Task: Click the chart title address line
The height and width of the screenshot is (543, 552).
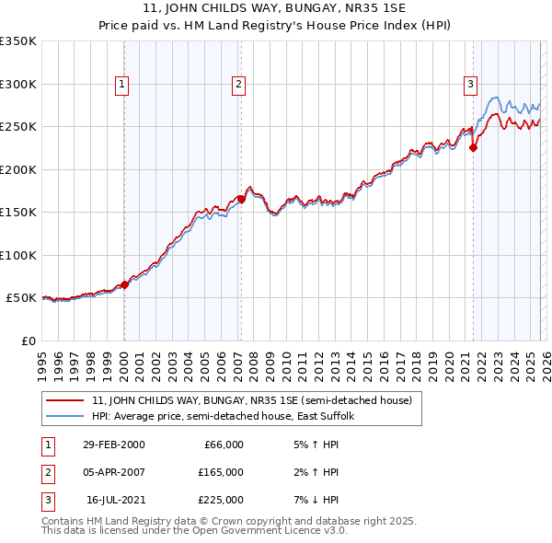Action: pos(275,7)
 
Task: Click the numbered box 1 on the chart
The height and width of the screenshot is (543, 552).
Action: pos(122,85)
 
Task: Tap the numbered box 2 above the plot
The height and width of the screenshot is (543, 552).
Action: pos(238,85)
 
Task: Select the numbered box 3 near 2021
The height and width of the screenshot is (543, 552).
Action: pos(470,85)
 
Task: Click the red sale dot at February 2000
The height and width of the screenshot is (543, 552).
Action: pos(125,284)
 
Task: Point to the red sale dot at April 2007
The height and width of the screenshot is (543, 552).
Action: pos(241,199)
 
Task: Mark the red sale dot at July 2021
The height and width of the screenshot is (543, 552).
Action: pos(474,146)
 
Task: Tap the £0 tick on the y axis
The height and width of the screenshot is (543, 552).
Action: pos(28,341)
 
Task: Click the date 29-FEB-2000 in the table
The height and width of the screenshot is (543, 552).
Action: pos(114,445)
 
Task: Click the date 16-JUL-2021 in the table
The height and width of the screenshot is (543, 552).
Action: pos(115,500)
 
